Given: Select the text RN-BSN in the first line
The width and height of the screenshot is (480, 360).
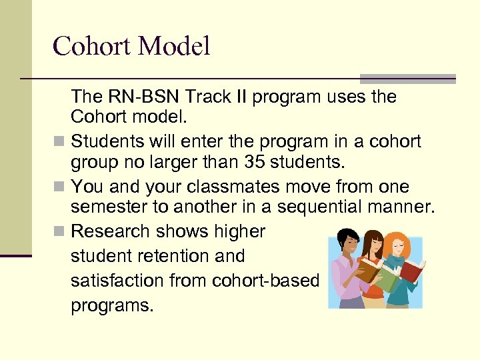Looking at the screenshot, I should pos(133,97).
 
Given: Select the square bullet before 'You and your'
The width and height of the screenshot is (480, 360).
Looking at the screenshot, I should pos(61,187).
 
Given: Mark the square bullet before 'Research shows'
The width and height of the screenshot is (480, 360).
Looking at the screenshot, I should pos(61,232).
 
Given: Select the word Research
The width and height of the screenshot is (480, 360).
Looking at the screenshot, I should pos(110,231).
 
